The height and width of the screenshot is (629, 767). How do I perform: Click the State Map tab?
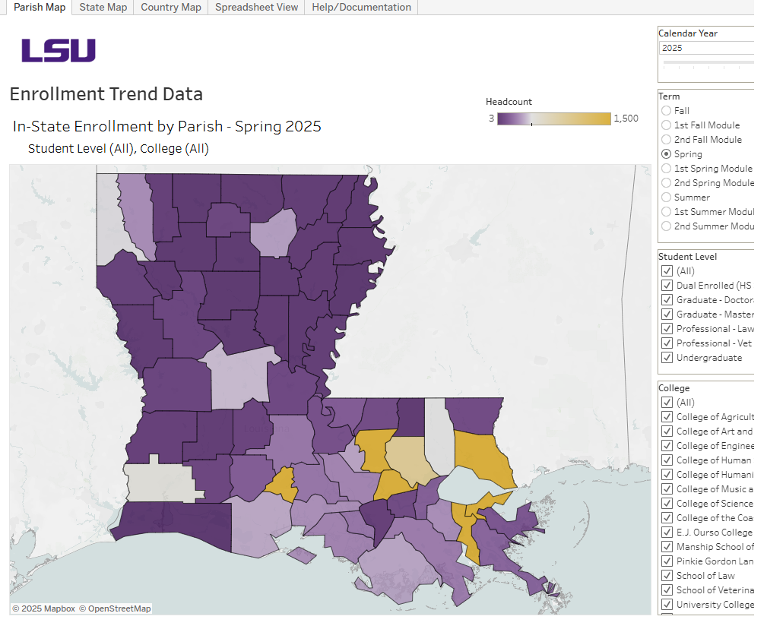point(103,7)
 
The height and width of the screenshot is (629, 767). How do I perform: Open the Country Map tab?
point(171,7)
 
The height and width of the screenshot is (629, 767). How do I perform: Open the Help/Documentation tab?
point(361,7)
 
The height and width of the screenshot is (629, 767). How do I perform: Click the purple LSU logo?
point(59,51)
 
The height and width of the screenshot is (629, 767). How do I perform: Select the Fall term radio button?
point(667,111)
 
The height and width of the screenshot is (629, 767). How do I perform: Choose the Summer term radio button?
point(667,198)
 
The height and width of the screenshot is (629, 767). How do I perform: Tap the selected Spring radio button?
point(667,154)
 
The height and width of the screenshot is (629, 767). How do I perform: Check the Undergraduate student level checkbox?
point(667,358)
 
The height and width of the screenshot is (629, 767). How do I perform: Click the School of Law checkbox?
point(667,576)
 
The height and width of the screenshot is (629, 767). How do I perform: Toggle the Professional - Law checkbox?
point(667,329)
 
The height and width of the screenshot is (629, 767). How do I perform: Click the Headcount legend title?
point(509,102)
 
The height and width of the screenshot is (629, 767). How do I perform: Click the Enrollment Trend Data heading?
point(106,94)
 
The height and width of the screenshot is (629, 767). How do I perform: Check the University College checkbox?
point(667,605)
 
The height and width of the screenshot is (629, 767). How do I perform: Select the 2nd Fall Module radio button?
point(667,140)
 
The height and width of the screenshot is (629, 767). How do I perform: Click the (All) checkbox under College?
point(667,403)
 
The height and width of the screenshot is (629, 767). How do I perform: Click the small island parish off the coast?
point(302,555)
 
